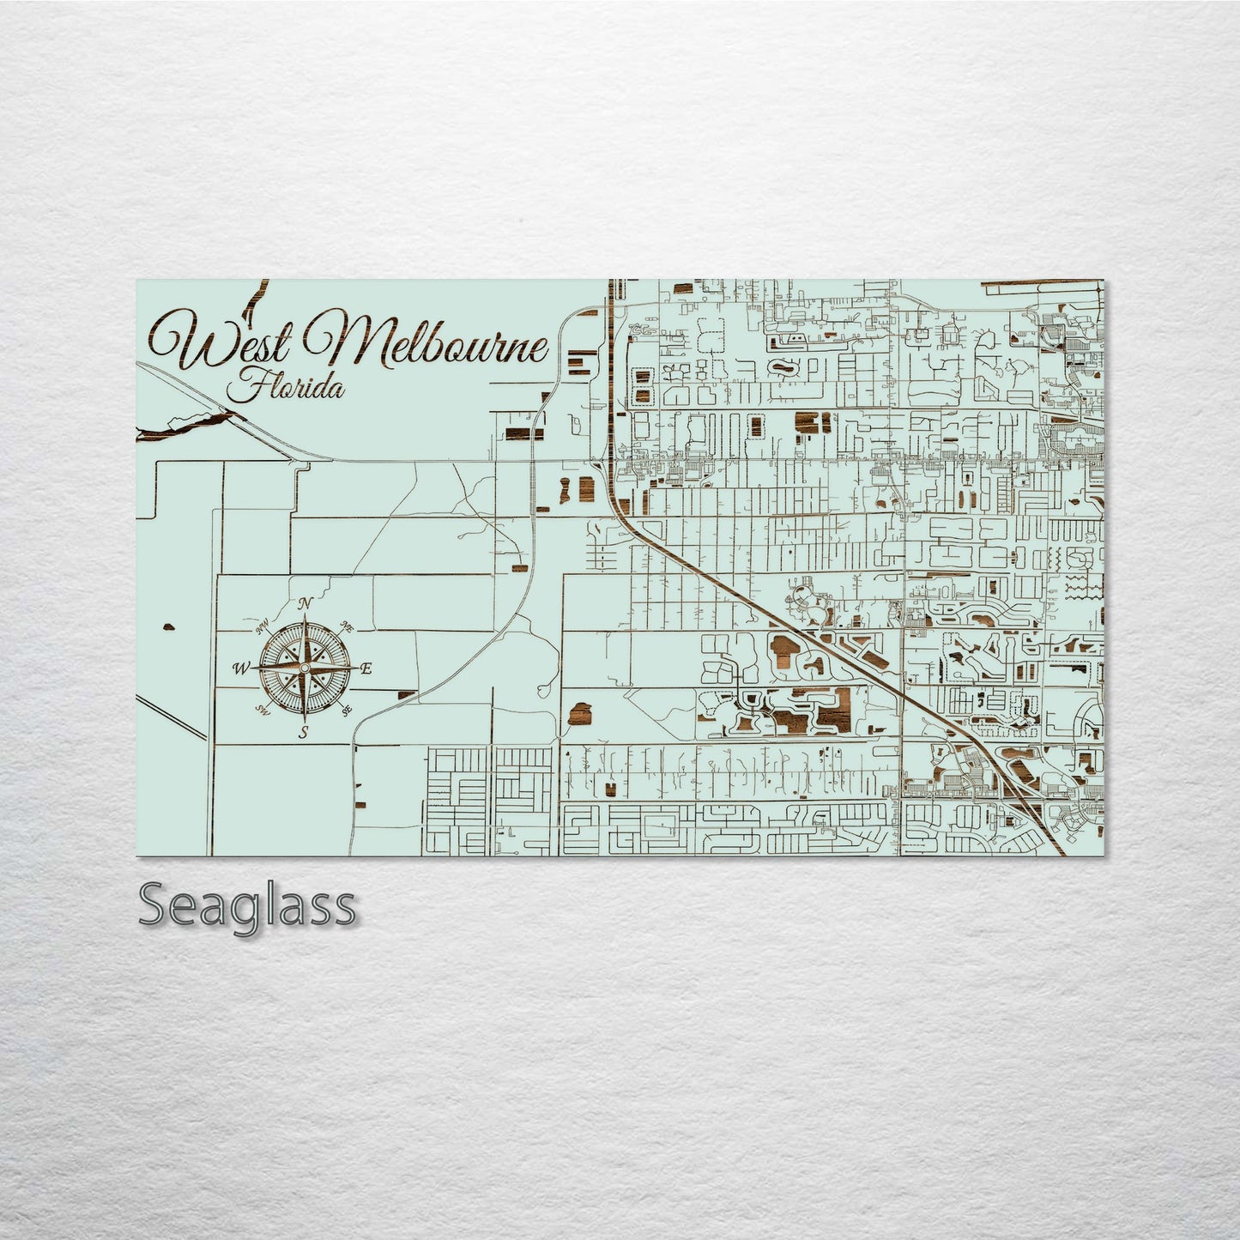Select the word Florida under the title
287,386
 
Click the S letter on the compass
302,732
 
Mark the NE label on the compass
347,626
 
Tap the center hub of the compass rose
304,668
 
